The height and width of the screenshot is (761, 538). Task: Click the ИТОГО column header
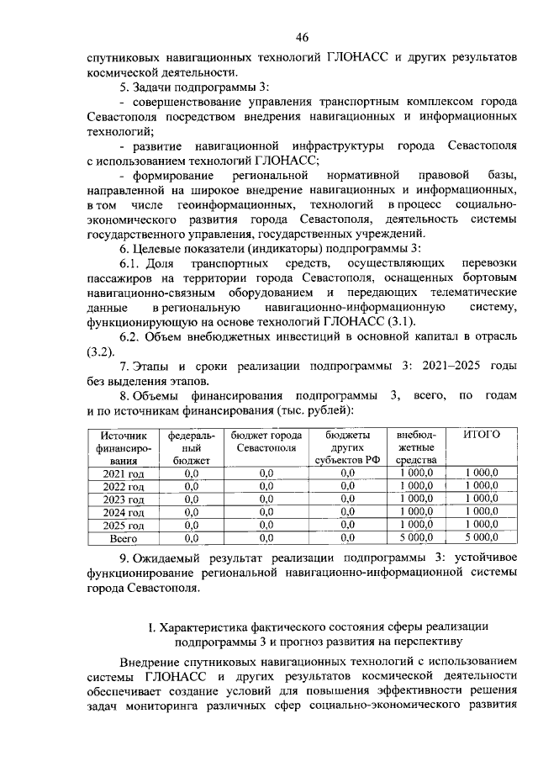(482, 434)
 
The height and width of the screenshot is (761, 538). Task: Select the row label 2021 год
(124, 474)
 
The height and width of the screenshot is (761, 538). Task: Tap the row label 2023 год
(124, 499)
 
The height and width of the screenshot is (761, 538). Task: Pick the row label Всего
(124, 536)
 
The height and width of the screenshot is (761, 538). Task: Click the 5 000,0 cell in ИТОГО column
(482, 536)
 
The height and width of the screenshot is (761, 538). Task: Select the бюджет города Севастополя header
(266, 441)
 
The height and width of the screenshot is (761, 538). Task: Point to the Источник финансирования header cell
(124, 447)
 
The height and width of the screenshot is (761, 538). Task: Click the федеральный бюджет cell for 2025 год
(190, 524)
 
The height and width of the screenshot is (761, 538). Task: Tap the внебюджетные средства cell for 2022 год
(416, 486)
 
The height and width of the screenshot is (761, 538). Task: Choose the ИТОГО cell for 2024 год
(482, 511)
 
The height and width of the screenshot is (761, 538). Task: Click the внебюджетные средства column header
(416, 447)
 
